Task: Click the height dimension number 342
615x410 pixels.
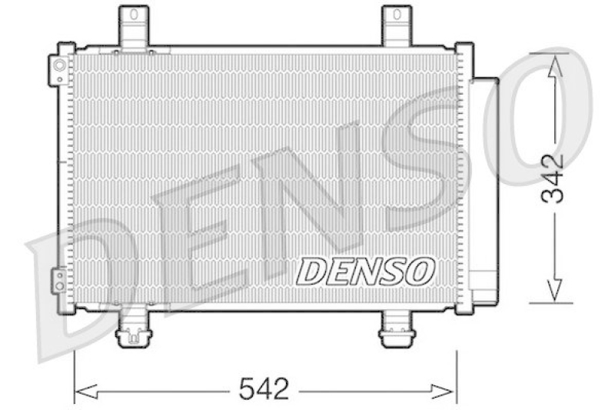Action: point(552,178)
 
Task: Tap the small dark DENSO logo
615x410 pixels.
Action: point(367,270)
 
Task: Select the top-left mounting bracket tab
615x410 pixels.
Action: point(135,26)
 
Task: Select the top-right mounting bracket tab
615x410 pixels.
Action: point(397,26)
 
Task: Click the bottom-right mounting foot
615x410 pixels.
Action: point(397,332)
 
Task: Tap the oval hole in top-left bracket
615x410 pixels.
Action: point(135,14)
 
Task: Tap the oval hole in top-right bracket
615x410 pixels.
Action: point(397,14)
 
